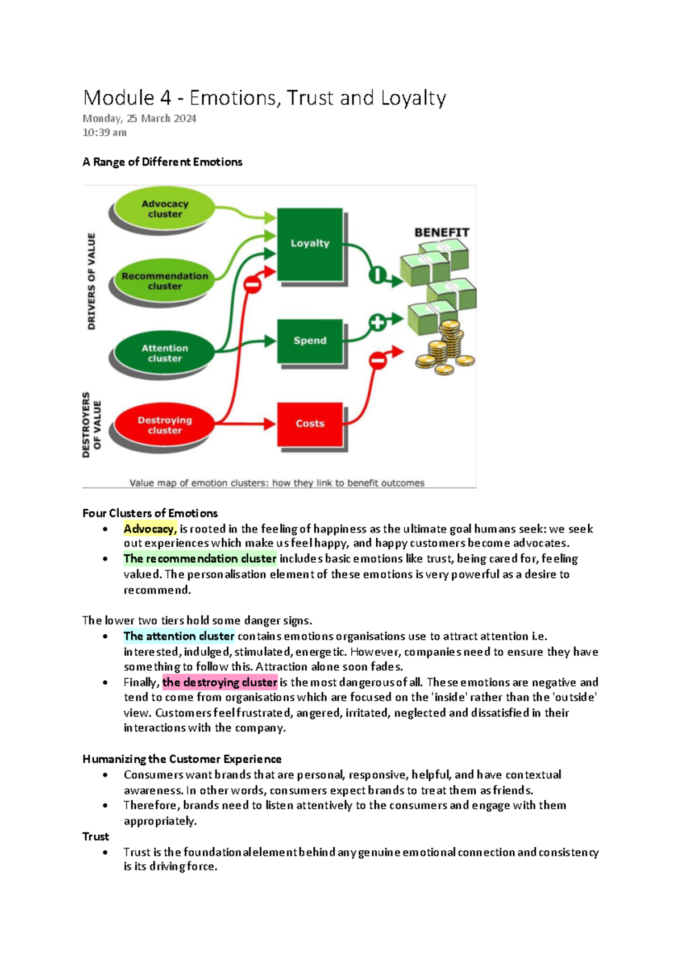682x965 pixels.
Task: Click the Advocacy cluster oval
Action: (x=165, y=209)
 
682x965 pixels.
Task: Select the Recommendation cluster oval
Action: (x=165, y=281)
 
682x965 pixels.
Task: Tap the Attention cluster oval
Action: (x=165, y=353)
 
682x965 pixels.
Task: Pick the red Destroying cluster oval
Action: (x=165, y=425)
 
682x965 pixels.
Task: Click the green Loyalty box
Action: (x=310, y=244)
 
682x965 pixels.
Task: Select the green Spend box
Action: (x=310, y=341)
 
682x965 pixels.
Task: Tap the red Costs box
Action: (x=310, y=424)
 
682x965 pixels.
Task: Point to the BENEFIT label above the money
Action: (x=442, y=232)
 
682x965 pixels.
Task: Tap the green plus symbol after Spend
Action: (x=377, y=323)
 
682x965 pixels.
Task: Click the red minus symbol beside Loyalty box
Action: (x=252, y=284)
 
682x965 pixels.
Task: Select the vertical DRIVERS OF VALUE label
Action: (x=92, y=281)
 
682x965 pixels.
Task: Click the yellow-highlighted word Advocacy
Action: (x=149, y=529)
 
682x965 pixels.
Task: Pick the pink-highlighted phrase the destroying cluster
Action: (x=220, y=682)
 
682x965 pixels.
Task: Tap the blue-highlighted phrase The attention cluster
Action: (x=179, y=636)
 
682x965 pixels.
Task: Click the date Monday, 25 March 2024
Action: (x=139, y=119)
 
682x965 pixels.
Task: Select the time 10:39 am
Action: (x=105, y=132)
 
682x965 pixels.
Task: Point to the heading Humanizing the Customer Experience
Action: (x=182, y=759)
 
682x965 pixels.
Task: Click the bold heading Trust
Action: (x=95, y=837)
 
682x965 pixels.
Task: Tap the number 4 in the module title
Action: (x=165, y=98)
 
